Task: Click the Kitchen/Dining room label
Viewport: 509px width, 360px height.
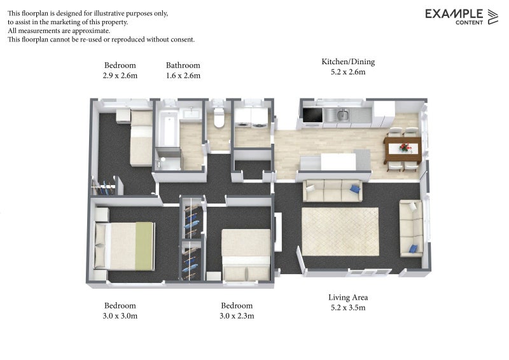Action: pyautogui.click(x=348, y=62)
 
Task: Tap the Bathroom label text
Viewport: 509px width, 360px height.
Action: pyautogui.click(x=183, y=66)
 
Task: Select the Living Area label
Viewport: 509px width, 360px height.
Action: pyautogui.click(x=348, y=297)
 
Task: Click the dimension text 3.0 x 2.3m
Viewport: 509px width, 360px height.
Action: pyautogui.click(x=237, y=316)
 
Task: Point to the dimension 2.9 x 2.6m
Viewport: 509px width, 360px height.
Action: pyautogui.click(x=120, y=76)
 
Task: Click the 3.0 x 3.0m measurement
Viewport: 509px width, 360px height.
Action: pyautogui.click(x=120, y=316)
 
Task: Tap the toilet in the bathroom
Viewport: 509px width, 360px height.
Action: pyautogui.click(x=219, y=117)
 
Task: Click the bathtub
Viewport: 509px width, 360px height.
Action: pyautogui.click(x=167, y=128)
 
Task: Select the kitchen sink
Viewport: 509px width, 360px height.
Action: pyautogui.click(x=342, y=114)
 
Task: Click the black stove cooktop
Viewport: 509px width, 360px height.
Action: pyautogui.click(x=312, y=115)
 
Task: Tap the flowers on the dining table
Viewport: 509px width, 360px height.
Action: pyautogui.click(x=404, y=148)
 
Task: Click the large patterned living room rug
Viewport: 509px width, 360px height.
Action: pyautogui.click(x=340, y=232)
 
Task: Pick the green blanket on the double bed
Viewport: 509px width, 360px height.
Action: pyautogui.click(x=144, y=246)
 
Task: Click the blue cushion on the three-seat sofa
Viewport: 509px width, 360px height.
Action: pyautogui.click(x=355, y=189)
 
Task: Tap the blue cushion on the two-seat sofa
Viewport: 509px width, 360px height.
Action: pyautogui.click(x=413, y=249)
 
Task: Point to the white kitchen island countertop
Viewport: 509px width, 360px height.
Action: pyautogui.click(x=338, y=162)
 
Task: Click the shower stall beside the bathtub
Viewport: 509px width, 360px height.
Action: pyautogui.click(x=167, y=159)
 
